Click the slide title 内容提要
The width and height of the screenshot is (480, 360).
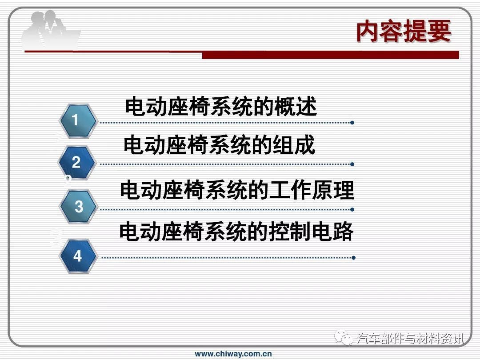[x=404, y=31]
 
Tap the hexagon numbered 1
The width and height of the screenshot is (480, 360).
[x=78, y=120]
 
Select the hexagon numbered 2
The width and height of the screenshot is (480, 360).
[x=77, y=162]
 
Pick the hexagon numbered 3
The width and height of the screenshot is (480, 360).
[x=78, y=206]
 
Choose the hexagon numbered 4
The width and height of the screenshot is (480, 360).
[x=78, y=256]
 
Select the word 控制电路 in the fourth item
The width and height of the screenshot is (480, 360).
[x=311, y=231]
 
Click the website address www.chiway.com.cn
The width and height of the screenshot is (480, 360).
[x=233, y=354]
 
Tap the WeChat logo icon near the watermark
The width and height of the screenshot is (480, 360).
[x=344, y=337]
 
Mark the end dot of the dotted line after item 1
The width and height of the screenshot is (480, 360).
[x=352, y=123]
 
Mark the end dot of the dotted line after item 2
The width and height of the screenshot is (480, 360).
[x=352, y=164]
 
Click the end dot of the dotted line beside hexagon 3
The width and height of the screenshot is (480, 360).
[x=352, y=210]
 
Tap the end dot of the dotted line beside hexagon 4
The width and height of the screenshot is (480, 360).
[x=354, y=258]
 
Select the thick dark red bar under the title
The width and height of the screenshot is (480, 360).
[x=331, y=55]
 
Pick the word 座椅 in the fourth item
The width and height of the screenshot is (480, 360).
[x=183, y=231]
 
